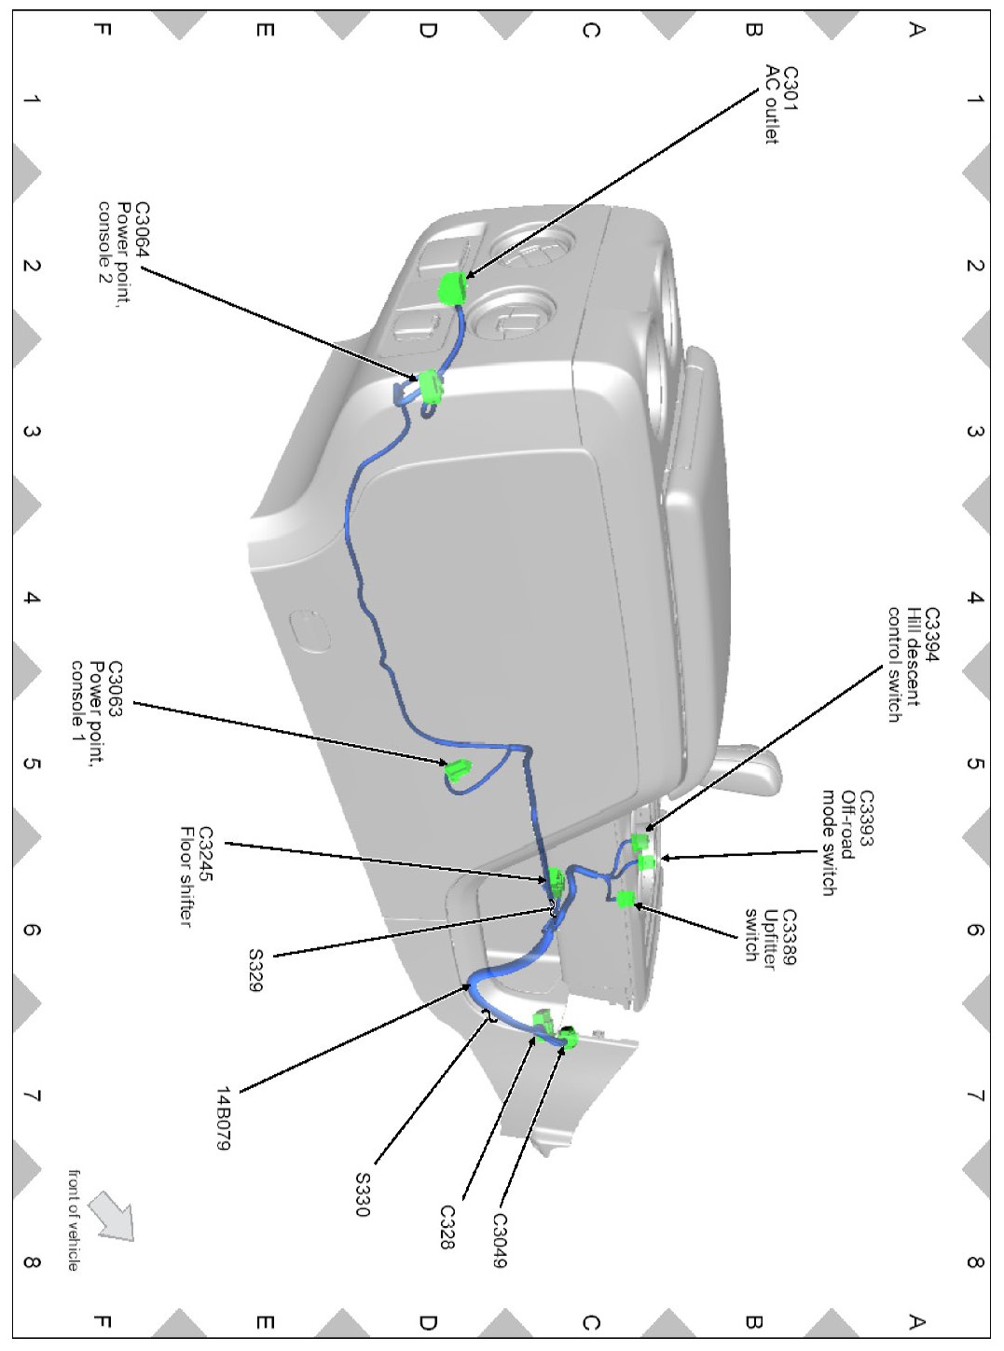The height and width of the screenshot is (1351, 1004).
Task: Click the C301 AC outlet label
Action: click(x=781, y=104)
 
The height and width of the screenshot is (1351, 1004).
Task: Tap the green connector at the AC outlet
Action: click(x=451, y=288)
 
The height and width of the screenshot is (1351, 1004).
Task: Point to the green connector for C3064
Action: click(x=430, y=386)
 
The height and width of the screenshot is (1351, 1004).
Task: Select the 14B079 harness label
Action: click(x=223, y=1117)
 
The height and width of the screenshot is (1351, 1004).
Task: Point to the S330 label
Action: click(x=363, y=1193)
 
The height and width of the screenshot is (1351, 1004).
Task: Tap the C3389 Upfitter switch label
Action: click(x=770, y=935)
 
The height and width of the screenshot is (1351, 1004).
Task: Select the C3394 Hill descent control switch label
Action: click(x=912, y=664)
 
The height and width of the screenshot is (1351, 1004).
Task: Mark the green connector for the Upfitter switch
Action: click(x=626, y=899)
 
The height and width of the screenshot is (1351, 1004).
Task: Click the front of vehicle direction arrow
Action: click(x=112, y=1217)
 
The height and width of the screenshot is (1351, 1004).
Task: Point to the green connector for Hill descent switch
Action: click(x=640, y=842)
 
